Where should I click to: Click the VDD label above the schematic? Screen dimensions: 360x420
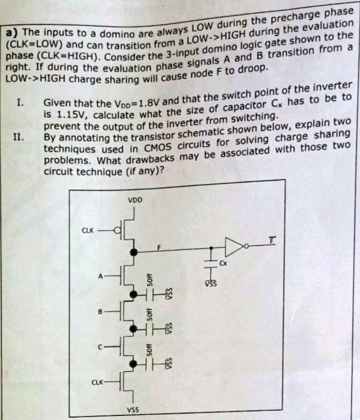[135, 200]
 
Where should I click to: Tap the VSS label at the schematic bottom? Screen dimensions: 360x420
[133, 410]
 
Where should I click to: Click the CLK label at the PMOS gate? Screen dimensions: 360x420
[88, 230]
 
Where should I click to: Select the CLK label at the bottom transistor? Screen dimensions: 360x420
[97, 382]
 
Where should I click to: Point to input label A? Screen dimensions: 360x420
[101, 276]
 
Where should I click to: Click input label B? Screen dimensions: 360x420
[100, 312]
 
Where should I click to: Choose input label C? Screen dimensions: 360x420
[100, 347]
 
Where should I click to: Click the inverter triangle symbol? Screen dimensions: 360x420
[234, 247]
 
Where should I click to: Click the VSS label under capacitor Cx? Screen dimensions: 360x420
[211, 284]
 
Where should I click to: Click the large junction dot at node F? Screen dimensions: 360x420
[134, 252]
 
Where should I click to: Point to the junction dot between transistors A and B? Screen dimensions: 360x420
[133, 294]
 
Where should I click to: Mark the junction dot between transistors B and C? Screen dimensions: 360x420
[133, 328]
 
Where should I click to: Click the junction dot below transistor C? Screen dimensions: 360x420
[133, 364]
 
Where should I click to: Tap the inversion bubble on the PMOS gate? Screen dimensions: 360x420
[117, 230]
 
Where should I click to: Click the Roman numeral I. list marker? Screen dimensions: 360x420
[20, 102]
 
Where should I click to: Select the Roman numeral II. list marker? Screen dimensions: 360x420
[18, 137]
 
